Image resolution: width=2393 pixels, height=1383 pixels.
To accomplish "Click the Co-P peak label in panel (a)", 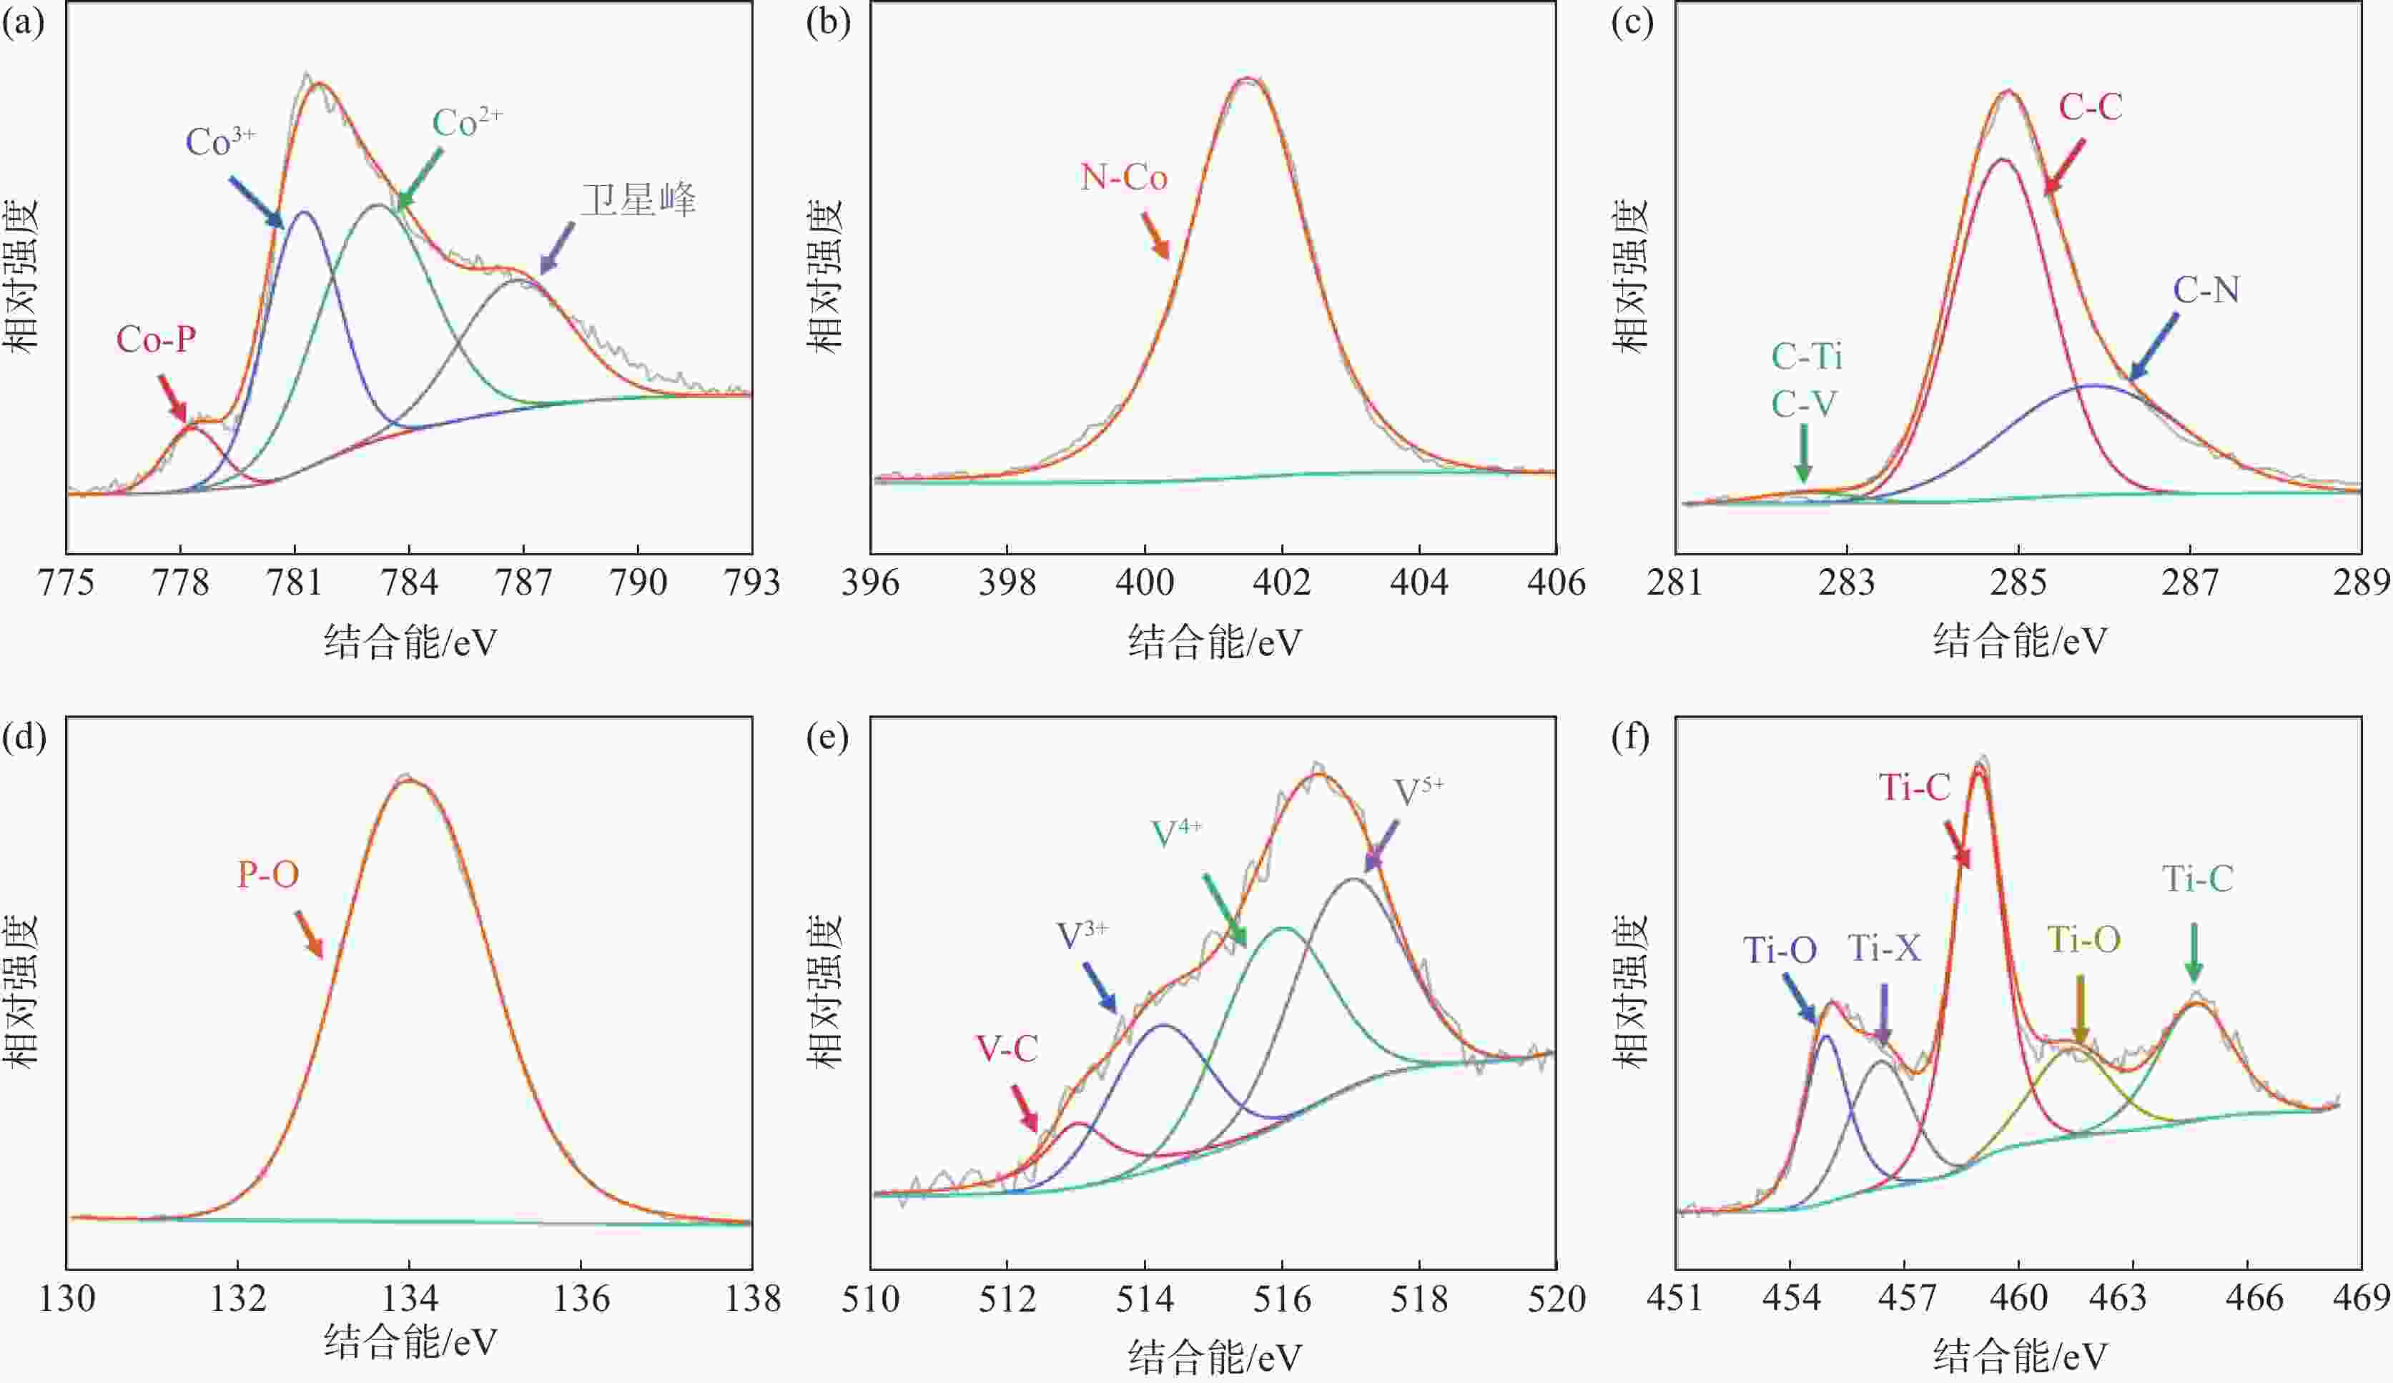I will click(x=156, y=339).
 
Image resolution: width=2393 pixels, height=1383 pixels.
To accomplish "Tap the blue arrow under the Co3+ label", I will click(x=257, y=202).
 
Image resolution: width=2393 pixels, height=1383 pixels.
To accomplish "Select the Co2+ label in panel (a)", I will click(x=466, y=122).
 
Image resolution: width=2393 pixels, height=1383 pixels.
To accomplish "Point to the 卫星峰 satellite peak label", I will click(x=638, y=200).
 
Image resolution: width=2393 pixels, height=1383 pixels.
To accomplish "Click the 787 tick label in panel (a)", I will click(x=523, y=582).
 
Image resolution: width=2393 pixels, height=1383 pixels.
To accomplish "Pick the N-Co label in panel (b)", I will click(x=1123, y=177).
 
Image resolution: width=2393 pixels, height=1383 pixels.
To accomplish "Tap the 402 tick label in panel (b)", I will click(x=1282, y=582).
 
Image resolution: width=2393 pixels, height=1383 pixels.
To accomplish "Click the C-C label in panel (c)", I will click(x=2090, y=107).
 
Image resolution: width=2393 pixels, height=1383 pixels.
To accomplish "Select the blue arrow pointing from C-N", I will click(x=2153, y=347).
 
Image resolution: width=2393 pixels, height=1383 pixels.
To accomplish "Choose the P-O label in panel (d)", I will click(x=268, y=874).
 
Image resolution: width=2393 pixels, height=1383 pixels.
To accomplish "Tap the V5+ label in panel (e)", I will click(x=1418, y=790).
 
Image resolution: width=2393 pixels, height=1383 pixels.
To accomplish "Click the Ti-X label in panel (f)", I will click(x=1884, y=947).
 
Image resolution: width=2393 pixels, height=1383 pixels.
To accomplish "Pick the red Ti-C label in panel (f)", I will click(x=1915, y=788).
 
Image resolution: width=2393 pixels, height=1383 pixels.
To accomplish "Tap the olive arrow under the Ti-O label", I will click(x=2080, y=1011).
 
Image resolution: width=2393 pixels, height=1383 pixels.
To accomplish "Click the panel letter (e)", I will click(x=827, y=737).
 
